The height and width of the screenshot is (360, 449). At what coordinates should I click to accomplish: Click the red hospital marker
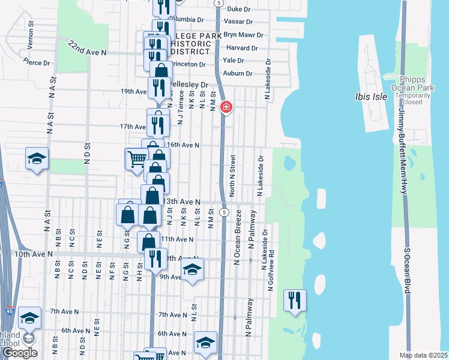[226, 107]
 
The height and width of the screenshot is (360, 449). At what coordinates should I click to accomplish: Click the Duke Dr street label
[239, 10]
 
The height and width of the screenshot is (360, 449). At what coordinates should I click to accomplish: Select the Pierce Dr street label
[37, 62]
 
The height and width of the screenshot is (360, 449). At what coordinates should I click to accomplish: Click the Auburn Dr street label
[237, 73]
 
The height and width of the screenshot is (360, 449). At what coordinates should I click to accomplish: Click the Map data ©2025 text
[424, 355]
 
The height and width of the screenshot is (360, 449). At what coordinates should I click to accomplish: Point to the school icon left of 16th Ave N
[37, 159]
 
